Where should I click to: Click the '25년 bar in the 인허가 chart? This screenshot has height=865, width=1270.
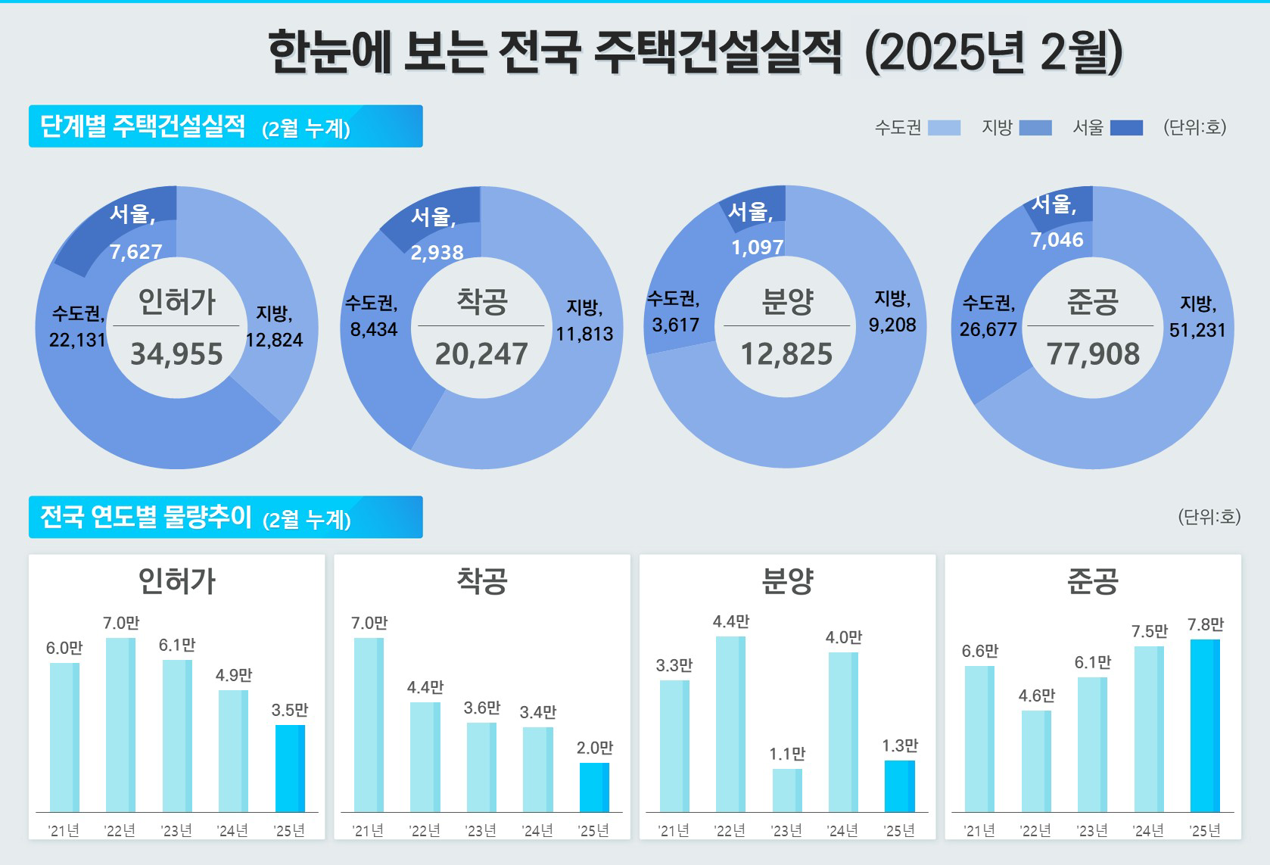pos(290,768)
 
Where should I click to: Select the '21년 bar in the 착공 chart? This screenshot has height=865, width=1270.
pos(369,724)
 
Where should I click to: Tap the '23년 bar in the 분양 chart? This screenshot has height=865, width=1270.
pos(787,790)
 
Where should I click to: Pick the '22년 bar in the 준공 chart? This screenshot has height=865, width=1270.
pos(1036,761)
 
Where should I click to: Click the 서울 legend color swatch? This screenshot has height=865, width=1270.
pos(1126,128)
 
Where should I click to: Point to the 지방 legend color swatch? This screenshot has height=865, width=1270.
pos(1035,128)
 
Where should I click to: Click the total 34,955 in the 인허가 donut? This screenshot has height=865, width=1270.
pos(177,354)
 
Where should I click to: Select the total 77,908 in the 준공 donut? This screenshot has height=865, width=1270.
pos(1093,354)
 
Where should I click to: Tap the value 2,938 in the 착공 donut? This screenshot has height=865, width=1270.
pos(437,252)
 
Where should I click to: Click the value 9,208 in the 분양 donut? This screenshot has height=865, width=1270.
pos(892,325)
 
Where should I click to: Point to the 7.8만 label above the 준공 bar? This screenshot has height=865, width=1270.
pos(1205,625)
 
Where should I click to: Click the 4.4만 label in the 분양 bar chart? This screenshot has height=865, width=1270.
pos(730,622)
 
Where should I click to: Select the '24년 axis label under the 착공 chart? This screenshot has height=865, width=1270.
pos(537,831)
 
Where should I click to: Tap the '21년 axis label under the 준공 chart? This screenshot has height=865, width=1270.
pos(979,831)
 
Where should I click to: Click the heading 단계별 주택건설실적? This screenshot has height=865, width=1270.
pos(142,126)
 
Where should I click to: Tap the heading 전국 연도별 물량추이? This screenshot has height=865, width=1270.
pos(145,518)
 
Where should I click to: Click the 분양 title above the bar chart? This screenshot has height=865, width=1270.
pos(787,581)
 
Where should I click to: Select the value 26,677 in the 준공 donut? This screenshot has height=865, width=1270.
pos(988,329)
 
